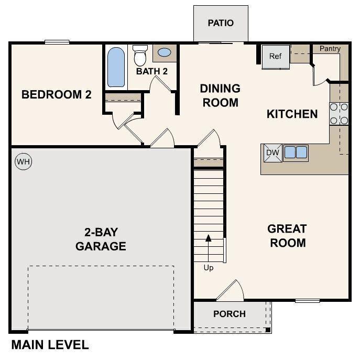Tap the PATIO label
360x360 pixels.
click(x=221, y=23)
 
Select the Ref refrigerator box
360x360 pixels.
click(x=276, y=56)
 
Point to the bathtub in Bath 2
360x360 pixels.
click(x=116, y=67)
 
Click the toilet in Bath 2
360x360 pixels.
click(x=140, y=54)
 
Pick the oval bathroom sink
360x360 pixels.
click(x=164, y=52)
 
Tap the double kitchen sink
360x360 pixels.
click(x=295, y=152)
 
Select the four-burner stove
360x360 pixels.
click(x=339, y=114)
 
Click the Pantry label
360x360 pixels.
click(x=330, y=49)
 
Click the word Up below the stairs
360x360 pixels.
click(x=209, y=268)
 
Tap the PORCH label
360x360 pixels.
click(x=230, y=314)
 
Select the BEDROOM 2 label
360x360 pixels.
click(x=57, y=95)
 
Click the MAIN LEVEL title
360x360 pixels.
click(x=50, y=345)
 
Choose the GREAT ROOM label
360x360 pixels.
click(x=287, y=236)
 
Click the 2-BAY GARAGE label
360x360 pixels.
click(x=101, y=239)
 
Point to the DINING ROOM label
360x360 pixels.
click(x=220, y=95)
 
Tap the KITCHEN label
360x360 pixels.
click(x=292, y=114)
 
